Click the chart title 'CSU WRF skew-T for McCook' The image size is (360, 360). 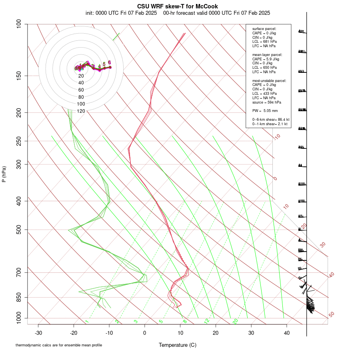[x=178, y=6]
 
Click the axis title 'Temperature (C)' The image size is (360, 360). [x=178, y=345]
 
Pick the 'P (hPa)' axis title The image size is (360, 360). [x=4, y=174]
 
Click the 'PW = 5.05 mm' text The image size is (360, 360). [x=265, y=110]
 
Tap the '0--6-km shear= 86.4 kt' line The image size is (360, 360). [x=271, y=120]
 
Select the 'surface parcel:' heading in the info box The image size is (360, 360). [x=264, y=29]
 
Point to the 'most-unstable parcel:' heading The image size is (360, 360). [x=269, y=80]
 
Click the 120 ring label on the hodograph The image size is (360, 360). [x=81, y=111]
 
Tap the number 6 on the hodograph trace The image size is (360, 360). [x=109, y=62]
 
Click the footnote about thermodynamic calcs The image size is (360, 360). [x=50, y=345]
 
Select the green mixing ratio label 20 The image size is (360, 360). [x=235, y=321]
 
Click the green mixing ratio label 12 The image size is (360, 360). [x=207, y=321]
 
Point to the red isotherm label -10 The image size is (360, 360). [x=277, y=137]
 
